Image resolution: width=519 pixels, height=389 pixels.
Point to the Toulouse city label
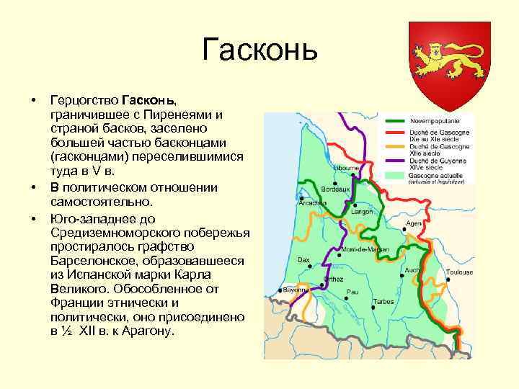coord(459,272)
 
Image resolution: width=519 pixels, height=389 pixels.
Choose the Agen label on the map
coord(414,223)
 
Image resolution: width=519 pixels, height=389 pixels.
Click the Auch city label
coord(412,270)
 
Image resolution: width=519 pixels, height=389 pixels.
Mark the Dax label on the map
coord(303,259)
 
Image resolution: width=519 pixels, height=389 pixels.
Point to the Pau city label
coord(352,292)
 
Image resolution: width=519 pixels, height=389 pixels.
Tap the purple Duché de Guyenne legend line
coord(395,161)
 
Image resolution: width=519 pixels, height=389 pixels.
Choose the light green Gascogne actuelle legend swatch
coord(395,175)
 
